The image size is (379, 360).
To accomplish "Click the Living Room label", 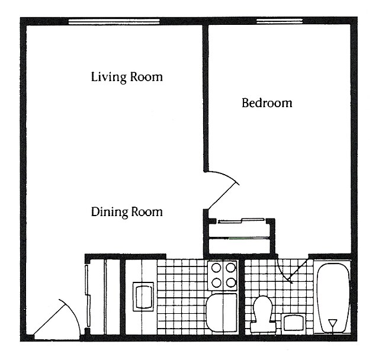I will point(126,77).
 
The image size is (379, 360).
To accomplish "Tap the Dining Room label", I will point(126,211).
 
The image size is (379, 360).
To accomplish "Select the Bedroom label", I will point(266,103).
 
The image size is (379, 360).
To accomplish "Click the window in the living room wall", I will point(114,22).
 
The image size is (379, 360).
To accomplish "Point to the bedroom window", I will point(279,22).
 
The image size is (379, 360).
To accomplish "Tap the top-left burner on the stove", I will point(216,268).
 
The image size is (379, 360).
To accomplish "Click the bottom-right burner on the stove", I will point(230,282).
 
